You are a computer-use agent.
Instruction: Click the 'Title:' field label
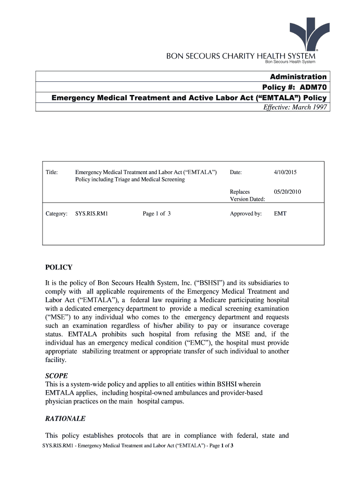pyautogui.click(x=52, y=173)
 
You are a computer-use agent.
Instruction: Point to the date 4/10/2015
pyautogui.click(x=285, y=173)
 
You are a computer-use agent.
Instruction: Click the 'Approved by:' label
pyautogui.click(x=245, y=214)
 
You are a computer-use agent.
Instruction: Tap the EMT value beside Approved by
pyautogui.click(x=280, y=214)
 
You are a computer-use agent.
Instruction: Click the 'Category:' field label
pyautogui.click(x=57, y=214)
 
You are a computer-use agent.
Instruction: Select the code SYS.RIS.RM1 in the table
pyautogui.click(x=92, y=214)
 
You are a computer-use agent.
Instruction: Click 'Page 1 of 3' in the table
pyautogui.click(x=157, y=214)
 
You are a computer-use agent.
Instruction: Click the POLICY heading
pyautogui.click(x=58, y=268)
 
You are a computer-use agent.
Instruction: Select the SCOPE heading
pyautogui.click(x=57, y=376)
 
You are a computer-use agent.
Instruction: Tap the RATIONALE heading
pyautogui.click(x=65, y=419)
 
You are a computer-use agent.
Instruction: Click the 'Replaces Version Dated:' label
pyautogui.click(x=247, y=195)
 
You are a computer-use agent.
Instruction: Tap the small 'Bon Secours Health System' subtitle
pyautogui.click(x=290, y=62)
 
